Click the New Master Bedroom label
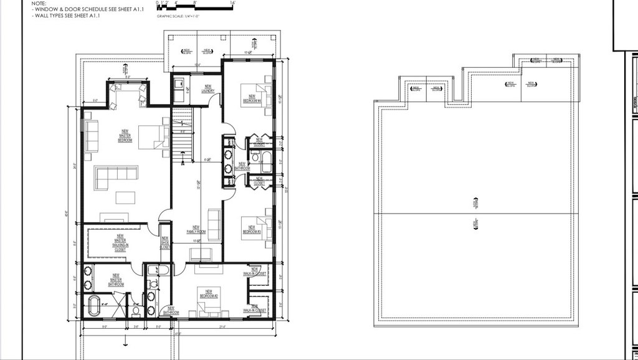point(125,136)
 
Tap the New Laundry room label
point(207,89)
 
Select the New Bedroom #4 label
point(251,98)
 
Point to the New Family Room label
point(196,229)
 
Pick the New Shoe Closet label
point(164,243)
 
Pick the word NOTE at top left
point(39,3)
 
